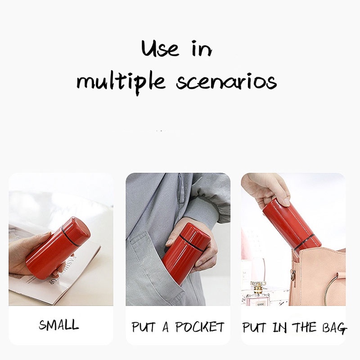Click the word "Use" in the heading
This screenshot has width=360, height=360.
(160, 49)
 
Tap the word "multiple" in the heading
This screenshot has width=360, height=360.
(121, 83)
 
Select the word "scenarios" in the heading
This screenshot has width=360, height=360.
(226, 82)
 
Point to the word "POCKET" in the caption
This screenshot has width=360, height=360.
(199, 327)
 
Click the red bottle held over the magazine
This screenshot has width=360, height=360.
(58, 248)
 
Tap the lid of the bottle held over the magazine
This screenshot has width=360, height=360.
(76, 228)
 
